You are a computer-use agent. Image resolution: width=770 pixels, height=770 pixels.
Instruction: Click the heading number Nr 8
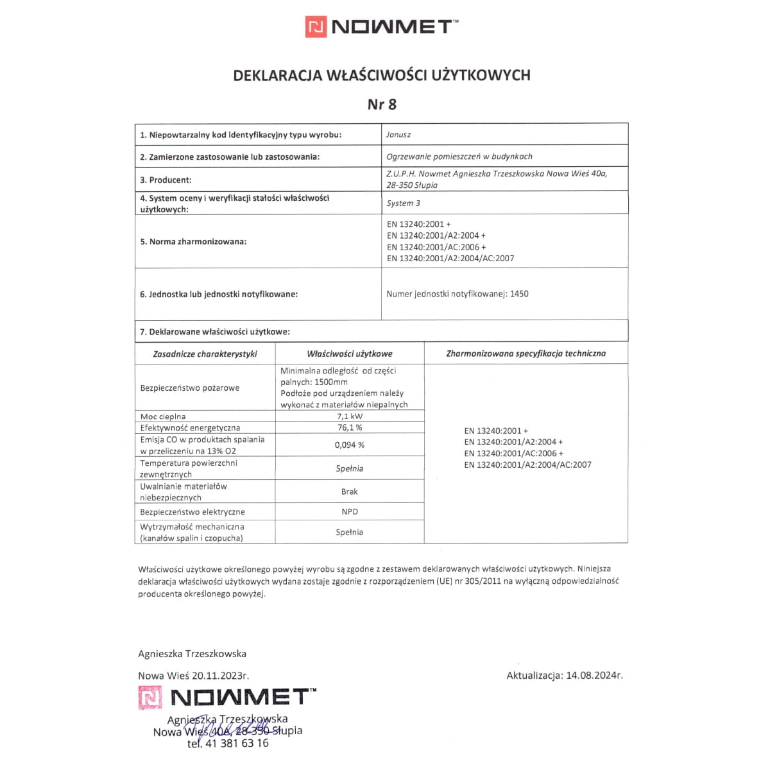pyautogui.click(x=382, y=104)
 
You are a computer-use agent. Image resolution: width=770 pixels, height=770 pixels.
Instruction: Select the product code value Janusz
pyautogui.click(x=398, y=135)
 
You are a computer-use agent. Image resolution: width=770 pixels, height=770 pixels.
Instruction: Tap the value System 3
pyautogui.click(x=404, y=203)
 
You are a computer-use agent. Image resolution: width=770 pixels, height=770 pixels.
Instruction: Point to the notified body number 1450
pyautogui.click(x=519, y=294)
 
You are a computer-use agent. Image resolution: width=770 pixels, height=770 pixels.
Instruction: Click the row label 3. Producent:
pyautogui.click(x=166, y=180)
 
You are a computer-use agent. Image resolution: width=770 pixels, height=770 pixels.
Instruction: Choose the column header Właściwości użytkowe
pyautogui.click(x=350, y=354)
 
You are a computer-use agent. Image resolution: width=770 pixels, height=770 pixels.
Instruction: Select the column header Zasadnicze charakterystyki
pyautogui.click(x=205, y=354)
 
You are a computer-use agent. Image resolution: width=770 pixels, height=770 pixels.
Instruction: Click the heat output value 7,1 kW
pyautogui.click(x=349, y=416)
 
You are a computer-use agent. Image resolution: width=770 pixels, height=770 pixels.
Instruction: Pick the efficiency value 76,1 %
pyautogui.click(x=349, y=427)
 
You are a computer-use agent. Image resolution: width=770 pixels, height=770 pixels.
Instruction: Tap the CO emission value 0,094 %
pyautogui.click(x=349, y=445)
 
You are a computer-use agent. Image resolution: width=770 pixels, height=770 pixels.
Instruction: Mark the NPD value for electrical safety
pyautogui.click(x=350, y=511)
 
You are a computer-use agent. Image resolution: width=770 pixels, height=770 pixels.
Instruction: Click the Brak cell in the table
pyautogui.click(x=350, y=492)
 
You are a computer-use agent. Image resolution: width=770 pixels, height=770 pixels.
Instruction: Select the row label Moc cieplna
pyautogui.click(x=163, y=416)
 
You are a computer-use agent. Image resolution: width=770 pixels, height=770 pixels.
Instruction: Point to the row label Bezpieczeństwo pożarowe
pyautogui.click(x=190, y=388)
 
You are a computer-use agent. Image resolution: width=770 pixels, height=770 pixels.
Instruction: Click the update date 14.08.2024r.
pyautogui.click(x=594, y=675)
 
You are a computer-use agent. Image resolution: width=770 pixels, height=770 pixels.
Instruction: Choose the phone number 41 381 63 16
pyautogui.click(x=236, y=744)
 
